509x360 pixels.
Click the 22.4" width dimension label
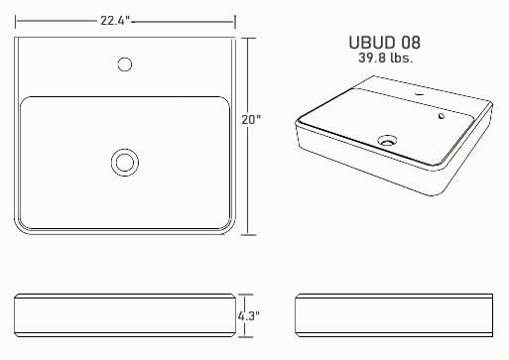[115, 21]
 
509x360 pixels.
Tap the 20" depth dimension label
[251, 120]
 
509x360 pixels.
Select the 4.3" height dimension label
[248, 316]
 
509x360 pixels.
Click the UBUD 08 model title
[385, 43]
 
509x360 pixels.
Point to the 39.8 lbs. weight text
[386, 59]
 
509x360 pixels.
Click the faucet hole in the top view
[125, 64]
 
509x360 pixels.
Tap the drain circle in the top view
[125, 163]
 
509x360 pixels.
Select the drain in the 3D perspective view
[387, 140]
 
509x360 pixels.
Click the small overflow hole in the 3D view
[442, 116]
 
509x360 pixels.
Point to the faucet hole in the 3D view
[420, 95]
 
